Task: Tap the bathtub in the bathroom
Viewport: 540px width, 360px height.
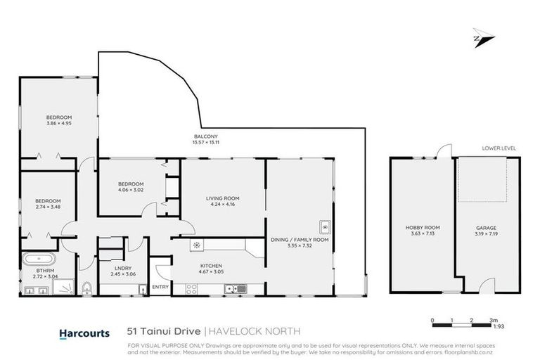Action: coord(36,260)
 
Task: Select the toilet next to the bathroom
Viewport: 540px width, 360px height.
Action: coord(86,288)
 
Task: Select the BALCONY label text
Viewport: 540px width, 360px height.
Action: coord(206,136)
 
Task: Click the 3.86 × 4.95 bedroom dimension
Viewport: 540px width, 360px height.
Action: coord(59,124)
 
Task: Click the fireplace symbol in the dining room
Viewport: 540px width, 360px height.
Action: coord(324,227)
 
